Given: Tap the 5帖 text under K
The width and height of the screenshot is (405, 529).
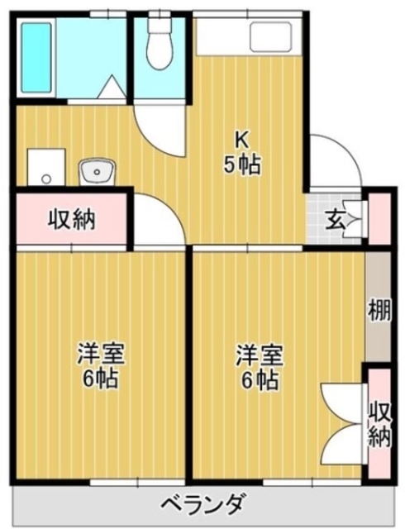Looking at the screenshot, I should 242,164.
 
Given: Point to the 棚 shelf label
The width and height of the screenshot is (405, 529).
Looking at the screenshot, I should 379,312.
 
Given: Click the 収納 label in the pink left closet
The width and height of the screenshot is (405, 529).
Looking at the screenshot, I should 70,220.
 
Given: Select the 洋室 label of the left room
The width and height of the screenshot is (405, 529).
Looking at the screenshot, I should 100,355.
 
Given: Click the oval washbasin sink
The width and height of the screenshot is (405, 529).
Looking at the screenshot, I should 97,173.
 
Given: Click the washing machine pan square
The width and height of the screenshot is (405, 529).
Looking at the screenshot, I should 45,168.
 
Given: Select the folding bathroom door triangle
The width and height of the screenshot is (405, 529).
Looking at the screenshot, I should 110,86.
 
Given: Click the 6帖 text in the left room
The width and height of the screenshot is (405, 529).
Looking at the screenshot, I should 100,380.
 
